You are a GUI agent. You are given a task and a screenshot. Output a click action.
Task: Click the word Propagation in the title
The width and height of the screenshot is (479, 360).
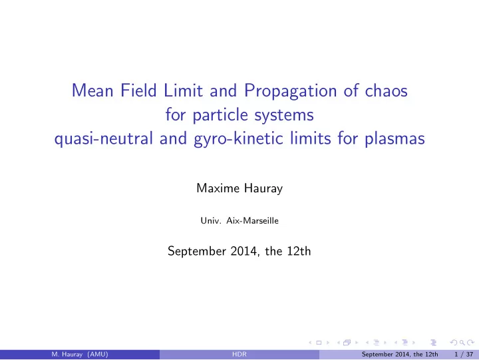[290, 91]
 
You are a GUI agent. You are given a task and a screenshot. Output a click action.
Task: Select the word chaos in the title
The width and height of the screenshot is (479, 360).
[386, 90]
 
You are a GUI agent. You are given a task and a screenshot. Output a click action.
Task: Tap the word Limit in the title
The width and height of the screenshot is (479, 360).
[183, 90]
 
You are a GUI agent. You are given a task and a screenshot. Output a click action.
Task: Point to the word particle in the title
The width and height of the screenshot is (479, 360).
[220, 115]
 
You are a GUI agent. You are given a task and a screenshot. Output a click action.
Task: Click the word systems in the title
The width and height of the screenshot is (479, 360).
[284, 116]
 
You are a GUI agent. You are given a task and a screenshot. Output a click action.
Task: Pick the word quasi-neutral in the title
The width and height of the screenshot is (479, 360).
[103, 139]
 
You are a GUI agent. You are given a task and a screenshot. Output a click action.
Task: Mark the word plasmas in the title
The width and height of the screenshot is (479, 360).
[395, 139]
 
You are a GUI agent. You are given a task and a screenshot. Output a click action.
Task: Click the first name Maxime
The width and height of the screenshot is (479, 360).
[218, 188]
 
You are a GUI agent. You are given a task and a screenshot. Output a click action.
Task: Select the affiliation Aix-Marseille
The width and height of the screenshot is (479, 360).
[252, 221]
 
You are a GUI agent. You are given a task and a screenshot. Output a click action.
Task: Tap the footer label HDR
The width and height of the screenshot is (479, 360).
[239, 354]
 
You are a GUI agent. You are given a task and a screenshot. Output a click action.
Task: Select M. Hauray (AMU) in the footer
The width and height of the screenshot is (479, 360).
[80, 355]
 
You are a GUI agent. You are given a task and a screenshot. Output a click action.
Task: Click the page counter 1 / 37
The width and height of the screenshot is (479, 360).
[464, 355]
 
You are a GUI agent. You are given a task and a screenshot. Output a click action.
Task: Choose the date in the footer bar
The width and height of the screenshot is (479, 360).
[400, 355]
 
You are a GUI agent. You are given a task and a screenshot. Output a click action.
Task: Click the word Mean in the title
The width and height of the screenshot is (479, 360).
[92, 90]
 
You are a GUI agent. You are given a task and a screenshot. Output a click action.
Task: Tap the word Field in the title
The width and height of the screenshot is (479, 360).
[138, 90]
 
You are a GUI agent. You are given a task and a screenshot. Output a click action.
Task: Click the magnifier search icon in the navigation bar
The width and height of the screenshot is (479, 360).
[462, 343]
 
